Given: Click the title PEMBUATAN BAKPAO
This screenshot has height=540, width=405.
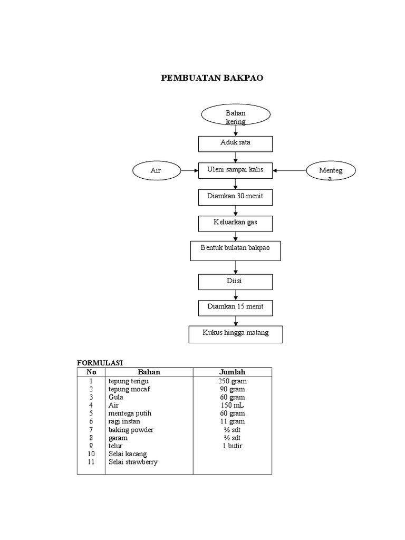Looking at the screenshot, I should pos(211,78).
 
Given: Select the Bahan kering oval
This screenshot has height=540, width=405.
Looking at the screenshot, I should pos(236,115).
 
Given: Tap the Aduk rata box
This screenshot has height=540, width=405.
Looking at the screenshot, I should pos(235,143).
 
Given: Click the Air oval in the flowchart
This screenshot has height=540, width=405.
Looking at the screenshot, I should pos(156,170).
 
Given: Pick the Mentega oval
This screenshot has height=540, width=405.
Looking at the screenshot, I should pos(331,171).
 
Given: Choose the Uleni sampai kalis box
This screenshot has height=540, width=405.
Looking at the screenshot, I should pos(235,170).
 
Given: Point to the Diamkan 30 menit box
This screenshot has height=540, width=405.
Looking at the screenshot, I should pos(235,197).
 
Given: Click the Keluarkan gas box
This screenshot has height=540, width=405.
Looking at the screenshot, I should pos(235,224).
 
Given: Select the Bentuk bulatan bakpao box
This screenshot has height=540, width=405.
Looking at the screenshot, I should pos(235,250).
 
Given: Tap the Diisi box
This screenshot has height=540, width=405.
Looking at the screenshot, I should pos(235,282).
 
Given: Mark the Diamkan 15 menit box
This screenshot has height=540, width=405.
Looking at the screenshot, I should pos(235,307).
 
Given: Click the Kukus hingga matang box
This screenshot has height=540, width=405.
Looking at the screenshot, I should pos(235,334).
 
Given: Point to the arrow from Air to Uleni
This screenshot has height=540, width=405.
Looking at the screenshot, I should pos(189,170).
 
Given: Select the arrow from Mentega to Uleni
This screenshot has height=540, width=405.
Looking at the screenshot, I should pos(290,170).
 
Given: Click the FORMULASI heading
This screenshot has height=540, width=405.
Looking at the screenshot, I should pos(100,363).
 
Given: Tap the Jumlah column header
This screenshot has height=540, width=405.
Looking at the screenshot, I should pos(232,372).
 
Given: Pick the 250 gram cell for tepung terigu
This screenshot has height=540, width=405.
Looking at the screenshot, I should pos(232,381).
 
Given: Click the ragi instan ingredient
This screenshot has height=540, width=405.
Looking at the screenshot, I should pos(125,421).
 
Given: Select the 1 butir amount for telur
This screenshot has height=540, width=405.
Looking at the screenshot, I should pos(232,446).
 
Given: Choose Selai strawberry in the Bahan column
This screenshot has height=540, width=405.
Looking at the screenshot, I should pos(133,462).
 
